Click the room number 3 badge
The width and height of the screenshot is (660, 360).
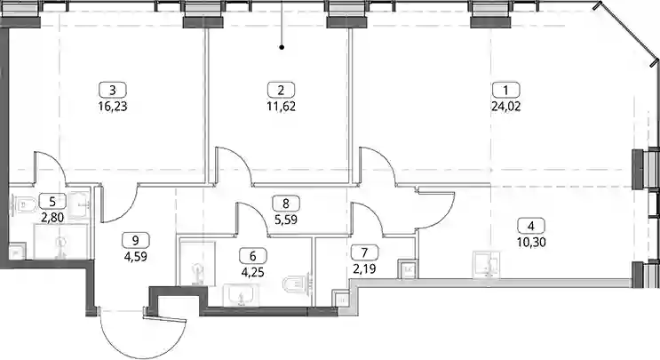pyautogui.click(x=113, y=90)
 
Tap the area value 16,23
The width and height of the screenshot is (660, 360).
pyautogui.click(x=113, y=106)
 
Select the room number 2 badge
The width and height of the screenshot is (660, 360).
pyautogui.click(x=282, y=90)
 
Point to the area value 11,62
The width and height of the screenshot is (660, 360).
pyautogui.click(x=282, y=106)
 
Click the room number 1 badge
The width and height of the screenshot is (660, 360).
pyautogui.click(x=506, y=90)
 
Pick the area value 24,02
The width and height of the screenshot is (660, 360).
pyautogui.click(x=506, y=106)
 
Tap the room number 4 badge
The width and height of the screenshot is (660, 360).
pyautogui.click(x=531, y=226)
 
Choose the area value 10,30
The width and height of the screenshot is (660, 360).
pyautogui.click(x=531, y=242)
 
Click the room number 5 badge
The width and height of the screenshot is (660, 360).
pyautogui.click(x=52, y=201)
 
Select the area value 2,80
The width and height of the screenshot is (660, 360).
pyautogui.click(x=52, y=218)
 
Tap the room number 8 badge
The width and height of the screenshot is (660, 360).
pyautogui.click(x=286, y=204)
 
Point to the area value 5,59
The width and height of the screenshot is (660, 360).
pyautogui.click(x=286, y=220)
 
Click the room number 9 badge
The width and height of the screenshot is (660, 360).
pyautogui.click(x=136, y=240)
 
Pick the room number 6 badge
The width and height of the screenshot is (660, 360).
pyautogui.click(x=253, y=256)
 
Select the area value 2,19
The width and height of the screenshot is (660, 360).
pyautogui.click(x=364, y=268)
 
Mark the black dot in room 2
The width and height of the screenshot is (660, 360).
pyautogui.click(x=282, y=48)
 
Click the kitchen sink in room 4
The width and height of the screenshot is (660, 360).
pyautogui.click(x=486, y=265)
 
